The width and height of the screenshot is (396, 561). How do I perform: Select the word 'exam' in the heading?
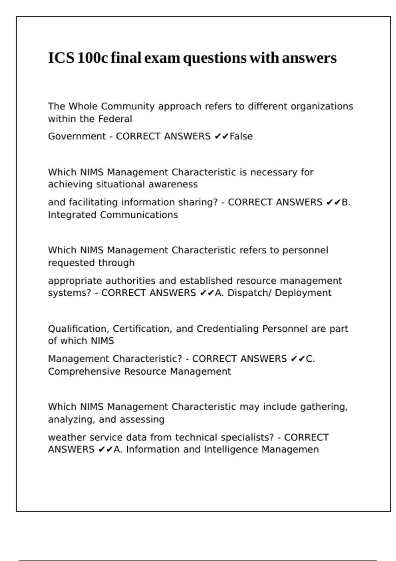[162, 58]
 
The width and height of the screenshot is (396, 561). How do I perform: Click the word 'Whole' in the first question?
[83, 106]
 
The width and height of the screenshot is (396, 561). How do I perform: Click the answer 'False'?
[241, 136]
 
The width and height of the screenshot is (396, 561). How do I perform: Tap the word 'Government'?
[77, 136]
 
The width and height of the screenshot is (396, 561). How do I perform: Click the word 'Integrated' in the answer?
[73, 215]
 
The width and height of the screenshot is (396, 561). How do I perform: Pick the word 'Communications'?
[139, 215]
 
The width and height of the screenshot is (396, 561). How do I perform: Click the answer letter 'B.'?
[346, 202]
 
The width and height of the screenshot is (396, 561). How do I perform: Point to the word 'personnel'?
[305, 250]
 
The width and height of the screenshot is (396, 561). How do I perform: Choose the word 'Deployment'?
[303, 293]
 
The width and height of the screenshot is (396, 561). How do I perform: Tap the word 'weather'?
[67, 437]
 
